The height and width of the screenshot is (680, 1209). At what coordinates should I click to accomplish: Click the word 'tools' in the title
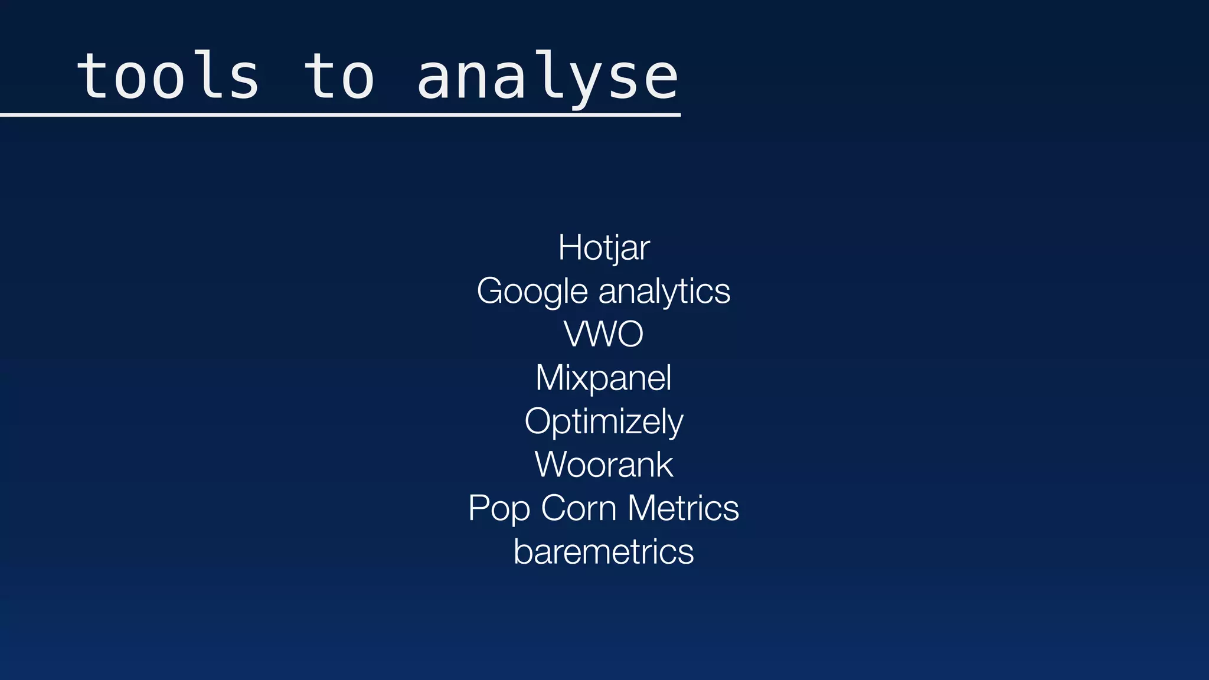coord(168,77)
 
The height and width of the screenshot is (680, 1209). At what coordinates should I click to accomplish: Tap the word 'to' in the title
coord(339,77)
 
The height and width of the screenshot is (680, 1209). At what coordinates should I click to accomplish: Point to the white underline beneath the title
coord(340,115)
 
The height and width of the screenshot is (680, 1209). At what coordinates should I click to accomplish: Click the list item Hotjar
coord(604,247)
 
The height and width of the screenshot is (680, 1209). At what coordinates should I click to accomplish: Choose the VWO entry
coord(604,334)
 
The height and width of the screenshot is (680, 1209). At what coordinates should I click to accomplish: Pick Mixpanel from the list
coord(603,378)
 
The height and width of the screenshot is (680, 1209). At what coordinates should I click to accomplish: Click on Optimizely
coord(604,421)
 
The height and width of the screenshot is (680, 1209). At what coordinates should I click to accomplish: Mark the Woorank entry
coord(604,465)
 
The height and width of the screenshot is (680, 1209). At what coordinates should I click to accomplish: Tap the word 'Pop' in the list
coord(499,509)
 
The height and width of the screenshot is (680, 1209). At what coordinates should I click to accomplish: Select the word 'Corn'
coord(579,508)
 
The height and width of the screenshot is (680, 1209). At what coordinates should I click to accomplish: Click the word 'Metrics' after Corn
coord(683,508)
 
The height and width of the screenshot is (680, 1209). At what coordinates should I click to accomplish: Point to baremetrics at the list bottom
coord(604,552)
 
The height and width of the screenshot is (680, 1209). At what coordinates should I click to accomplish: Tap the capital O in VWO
coord(628,334)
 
